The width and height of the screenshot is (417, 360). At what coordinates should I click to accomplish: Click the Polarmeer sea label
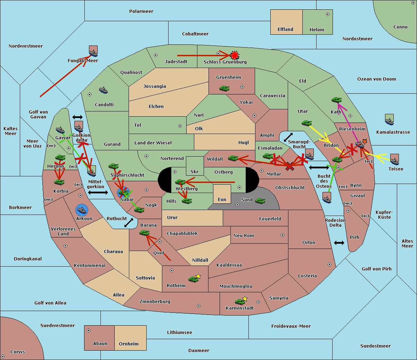tap(141, 11)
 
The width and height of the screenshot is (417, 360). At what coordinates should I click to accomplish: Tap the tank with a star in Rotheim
tap(194, 279)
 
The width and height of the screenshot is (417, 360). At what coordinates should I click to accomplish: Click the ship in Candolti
tap(103, 90)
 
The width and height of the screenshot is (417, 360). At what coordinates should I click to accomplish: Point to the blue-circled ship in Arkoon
tap(82, 210)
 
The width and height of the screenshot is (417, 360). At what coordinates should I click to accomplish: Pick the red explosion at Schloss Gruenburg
tap(235, 55)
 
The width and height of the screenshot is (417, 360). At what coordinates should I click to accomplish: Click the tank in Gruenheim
tap(224, 88)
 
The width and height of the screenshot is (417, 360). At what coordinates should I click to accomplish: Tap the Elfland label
tap(285, 30)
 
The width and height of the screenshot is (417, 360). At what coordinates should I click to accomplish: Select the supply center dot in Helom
tap(328, 14)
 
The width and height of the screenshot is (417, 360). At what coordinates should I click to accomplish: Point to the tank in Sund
tap(260, 201)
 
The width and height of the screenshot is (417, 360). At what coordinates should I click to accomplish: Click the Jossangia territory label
tap(155, 86)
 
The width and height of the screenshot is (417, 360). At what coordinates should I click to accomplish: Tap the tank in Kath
tap(336, 100)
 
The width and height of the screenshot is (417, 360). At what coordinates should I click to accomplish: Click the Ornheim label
tap(129, 344)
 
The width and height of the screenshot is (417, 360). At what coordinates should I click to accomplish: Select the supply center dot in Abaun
tap(89, 330)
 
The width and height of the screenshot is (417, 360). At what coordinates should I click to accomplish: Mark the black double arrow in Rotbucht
tap(129, 223)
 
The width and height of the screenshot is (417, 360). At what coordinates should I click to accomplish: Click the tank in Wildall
tap(233, 158)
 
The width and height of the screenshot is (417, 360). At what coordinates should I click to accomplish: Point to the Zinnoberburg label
tap(155, 302)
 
